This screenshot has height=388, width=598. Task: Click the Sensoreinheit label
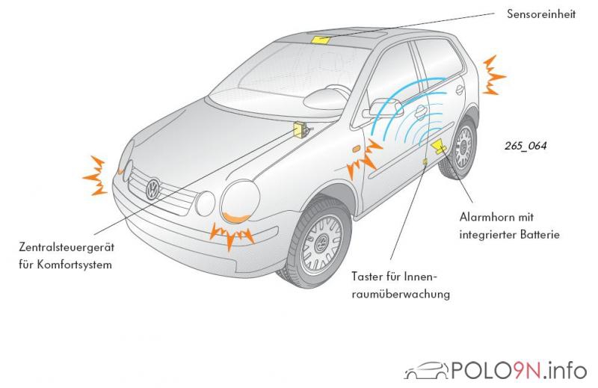click(541, 14)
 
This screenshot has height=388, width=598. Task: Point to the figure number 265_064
click(525, 147)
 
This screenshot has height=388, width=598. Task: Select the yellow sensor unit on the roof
click(323, 40)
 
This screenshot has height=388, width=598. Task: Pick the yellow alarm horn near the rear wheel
click(440, 147)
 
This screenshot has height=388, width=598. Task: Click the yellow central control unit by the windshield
click(301, 129)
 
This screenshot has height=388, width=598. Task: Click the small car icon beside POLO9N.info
click(427, 370)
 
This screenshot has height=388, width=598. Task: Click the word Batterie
click(537, 235)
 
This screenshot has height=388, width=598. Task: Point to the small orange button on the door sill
click(425, 160)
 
